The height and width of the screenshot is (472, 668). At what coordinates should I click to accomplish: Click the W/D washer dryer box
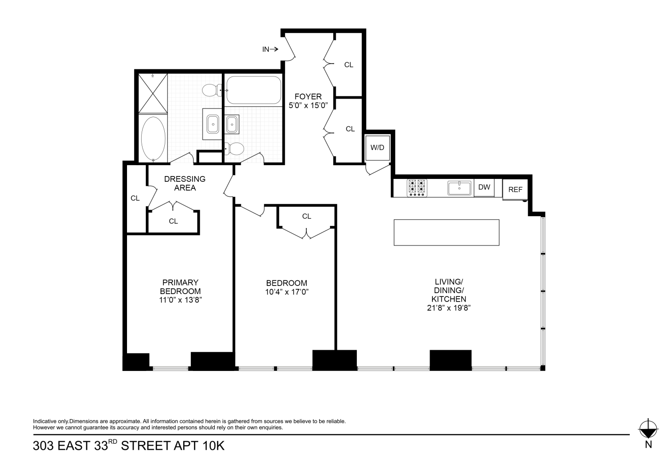point(378,148)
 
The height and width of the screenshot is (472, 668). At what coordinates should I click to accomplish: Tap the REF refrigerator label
point(516,190)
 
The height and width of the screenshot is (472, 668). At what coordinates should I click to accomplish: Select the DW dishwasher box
point(484,187)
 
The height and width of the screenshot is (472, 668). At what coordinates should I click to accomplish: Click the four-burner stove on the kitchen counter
point(417,188)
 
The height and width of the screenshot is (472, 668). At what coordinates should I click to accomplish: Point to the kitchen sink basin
point(459,188)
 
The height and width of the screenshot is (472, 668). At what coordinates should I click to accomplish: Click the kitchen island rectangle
point(447,233)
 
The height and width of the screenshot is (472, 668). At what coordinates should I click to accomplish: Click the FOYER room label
point(308,97)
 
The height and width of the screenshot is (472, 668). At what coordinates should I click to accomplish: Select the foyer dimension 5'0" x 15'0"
point(308,105)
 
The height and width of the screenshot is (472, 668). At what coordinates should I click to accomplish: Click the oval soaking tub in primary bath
point(153,139)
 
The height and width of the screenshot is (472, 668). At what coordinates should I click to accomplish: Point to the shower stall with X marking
point(153,93)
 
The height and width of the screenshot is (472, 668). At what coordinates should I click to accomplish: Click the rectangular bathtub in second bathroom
point(254,90)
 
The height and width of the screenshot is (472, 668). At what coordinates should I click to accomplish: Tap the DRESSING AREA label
point(185,184)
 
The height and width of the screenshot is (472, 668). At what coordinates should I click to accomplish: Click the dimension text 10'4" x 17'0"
point(287,292)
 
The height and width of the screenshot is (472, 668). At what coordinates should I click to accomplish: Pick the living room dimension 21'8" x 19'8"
point(449,308)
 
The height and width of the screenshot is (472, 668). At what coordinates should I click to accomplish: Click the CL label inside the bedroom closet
point(306,216)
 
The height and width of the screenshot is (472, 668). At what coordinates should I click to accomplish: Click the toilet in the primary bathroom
point(212,90)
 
